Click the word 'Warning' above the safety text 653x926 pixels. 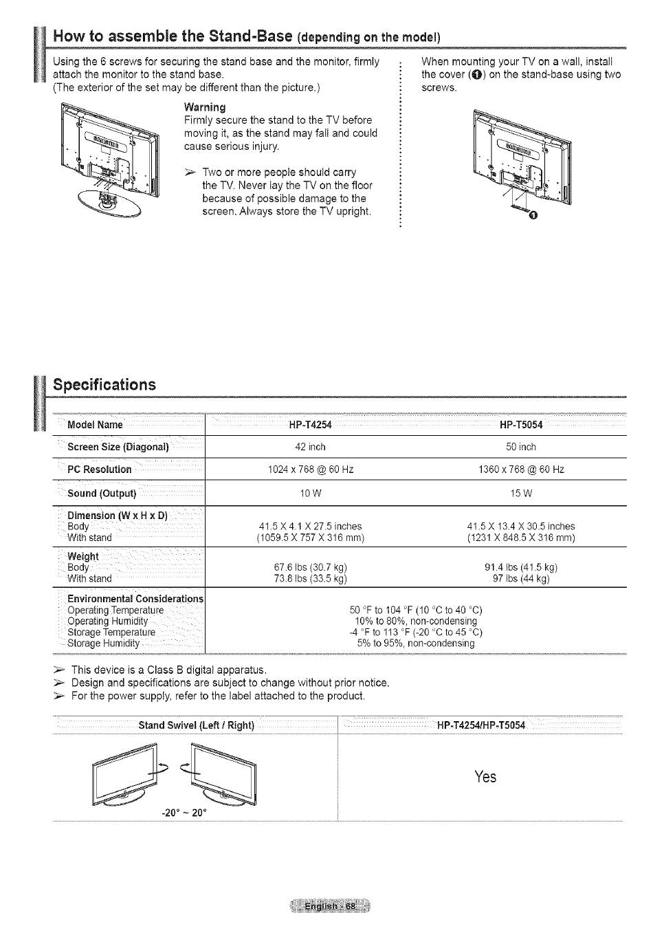tap(204, 107)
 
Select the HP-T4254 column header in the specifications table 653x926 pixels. tap(311, 425)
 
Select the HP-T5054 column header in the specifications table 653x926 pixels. tap(521, 425)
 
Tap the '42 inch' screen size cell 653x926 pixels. tap(310, 447)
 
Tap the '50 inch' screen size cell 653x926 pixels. tap(520, 447)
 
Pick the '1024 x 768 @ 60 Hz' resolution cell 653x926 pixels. tap(310, 470)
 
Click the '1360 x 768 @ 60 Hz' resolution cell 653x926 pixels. tap(520, 470)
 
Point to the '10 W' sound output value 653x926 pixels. tap(310, 494)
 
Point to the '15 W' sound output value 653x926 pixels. tap(520, 494)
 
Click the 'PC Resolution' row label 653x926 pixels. tap(100, 470)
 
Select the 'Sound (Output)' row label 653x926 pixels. tap(102, 494)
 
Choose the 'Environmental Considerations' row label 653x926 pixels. tap(135, 599)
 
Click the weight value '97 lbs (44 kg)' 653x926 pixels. tap(520, 579)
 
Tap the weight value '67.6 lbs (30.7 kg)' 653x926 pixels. tap(310, 567)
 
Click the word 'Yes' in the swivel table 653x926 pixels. tap(485, 777)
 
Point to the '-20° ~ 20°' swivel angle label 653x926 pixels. tap(184, 813)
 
